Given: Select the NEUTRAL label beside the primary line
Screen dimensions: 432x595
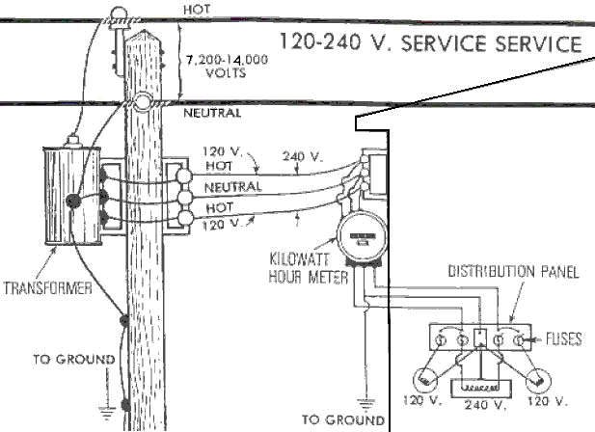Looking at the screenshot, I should (x=211, y=113).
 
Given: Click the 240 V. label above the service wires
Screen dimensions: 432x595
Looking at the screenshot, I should (x=297, y=154).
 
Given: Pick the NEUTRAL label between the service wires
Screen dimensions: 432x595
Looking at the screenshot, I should (x=235, y=185).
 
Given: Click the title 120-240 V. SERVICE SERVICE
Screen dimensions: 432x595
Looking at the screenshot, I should (x=429, y=43).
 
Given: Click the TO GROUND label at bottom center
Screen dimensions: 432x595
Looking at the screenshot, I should (x=342, y=419).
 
